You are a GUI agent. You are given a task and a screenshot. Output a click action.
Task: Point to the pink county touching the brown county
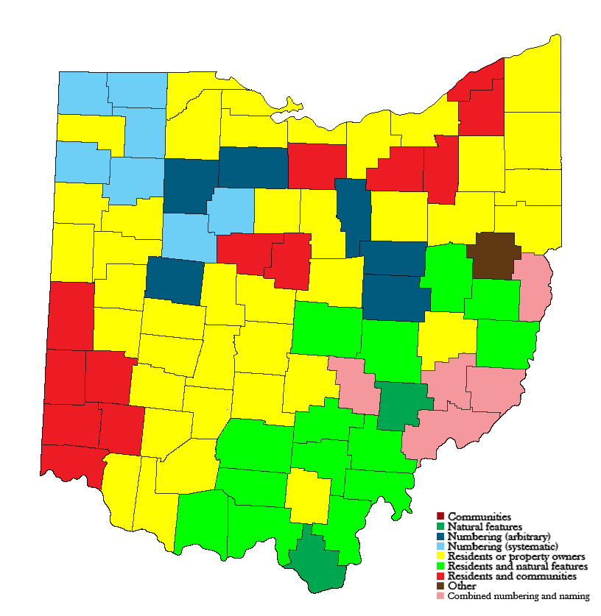[x=533, y=287]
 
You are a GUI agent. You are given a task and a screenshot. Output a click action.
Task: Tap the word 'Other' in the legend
[x=462, y=586]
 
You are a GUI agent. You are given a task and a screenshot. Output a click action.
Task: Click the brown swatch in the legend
[x=440, y=586]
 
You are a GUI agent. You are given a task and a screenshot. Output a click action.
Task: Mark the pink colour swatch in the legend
[x=440, y=595]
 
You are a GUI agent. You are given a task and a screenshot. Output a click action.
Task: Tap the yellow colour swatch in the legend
[x=440, y=556]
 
